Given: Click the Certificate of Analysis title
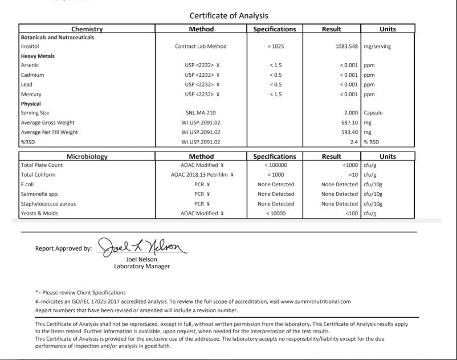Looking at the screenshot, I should [228, 15].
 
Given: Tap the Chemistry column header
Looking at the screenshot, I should [87, 29].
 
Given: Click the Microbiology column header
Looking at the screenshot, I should [87, 156].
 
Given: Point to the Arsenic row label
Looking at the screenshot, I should [30, 66].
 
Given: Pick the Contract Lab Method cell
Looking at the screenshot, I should [201, 47].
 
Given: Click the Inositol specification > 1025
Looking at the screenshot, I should [275, 47].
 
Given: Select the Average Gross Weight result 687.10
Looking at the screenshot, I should [349, 122].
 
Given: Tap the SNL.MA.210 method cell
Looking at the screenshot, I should [201, 113].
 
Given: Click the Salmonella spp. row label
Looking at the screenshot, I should [39, 194].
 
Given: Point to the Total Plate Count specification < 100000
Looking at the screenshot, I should [275, 165].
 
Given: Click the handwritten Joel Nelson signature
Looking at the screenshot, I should [141, 247].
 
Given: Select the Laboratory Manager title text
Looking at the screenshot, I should [142, 266].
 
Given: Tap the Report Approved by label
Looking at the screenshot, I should [63, 248].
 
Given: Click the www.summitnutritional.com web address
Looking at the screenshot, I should [315, 301].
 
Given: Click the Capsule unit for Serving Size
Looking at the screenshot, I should [373, 113].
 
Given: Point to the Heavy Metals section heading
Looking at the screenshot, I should [38, 56].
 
